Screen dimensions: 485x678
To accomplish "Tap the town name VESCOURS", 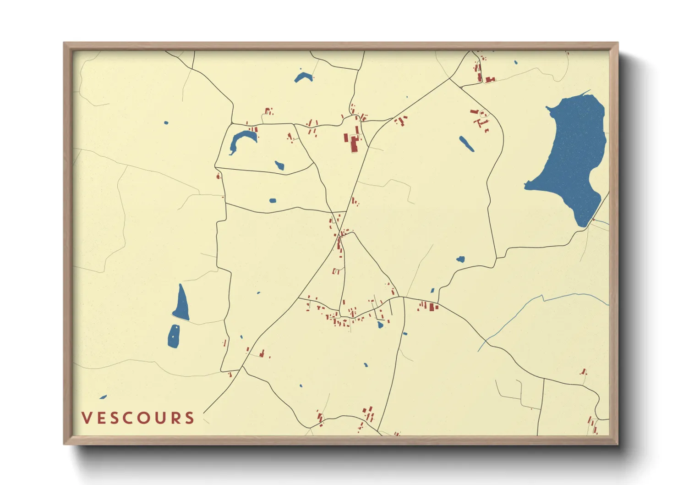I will tap(138, 418).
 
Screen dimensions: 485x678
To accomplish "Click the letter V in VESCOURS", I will tap(87, 418).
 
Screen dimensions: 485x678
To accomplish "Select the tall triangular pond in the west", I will tap(181, 305).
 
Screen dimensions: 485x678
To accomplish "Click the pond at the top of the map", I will tap(303, 77).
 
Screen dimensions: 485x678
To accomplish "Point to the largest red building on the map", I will tap(354, 144).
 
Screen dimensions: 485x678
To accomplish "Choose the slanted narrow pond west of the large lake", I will tap(467, 144).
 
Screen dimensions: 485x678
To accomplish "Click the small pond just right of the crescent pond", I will tap(279, 165).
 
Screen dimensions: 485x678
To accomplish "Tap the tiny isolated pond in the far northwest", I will tap(166, 123).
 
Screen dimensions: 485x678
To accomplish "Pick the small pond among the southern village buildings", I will tap(380, 325).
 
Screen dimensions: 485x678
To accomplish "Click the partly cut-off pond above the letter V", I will tap(103, 397).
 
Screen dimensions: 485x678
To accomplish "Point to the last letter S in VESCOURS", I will tap(190, 418).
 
